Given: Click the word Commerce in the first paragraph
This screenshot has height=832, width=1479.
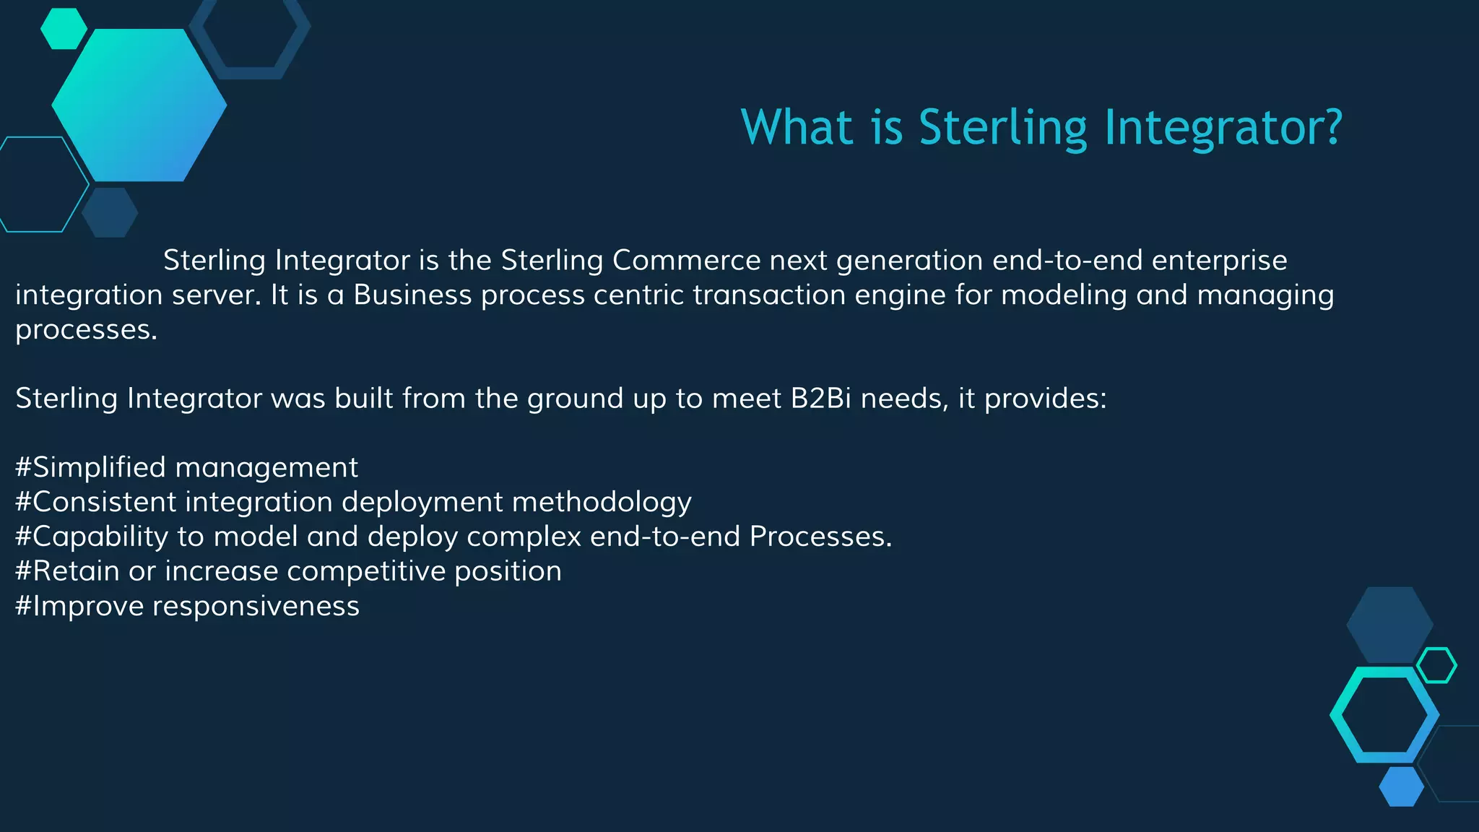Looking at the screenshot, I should point(686,260).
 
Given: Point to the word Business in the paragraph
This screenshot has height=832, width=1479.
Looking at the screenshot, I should point(412,295).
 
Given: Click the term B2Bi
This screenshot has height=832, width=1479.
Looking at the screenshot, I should point(821,398).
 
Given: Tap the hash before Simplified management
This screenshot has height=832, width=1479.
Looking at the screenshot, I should point(23,467).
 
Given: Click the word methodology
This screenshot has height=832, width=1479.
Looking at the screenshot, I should point(602,502).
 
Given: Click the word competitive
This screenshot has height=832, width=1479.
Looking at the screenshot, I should point(366,571).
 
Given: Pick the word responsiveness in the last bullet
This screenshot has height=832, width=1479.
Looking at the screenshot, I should point(256,606).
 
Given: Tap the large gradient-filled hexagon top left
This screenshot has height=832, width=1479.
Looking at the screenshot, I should point(139,105).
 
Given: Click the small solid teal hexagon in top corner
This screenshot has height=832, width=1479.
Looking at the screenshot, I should point(64,29).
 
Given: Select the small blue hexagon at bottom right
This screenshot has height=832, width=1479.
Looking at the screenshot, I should point(1401,786).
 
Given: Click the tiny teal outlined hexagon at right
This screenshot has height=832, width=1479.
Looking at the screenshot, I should point(1436,665).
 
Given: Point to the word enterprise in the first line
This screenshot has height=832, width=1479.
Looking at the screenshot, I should point(1219,260).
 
